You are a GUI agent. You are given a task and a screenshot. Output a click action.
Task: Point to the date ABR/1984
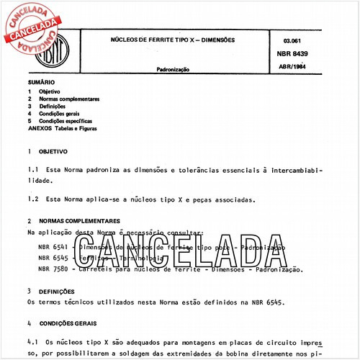point(289,68)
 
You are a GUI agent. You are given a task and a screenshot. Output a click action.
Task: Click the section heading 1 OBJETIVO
point(48,153)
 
